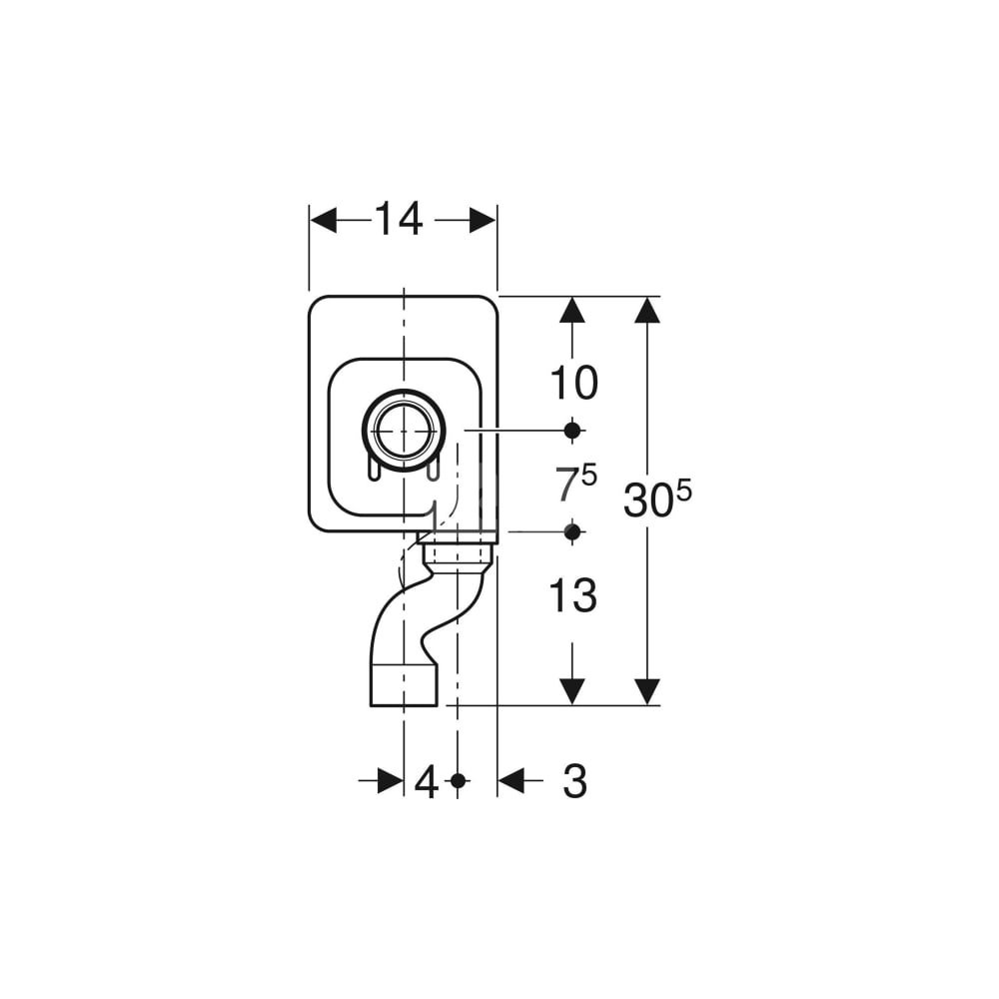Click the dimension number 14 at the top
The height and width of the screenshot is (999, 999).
(x=399, y=219)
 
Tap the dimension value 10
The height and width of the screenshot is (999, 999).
(x=573, y=383)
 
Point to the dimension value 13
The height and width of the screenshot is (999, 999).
(x=573, y=595)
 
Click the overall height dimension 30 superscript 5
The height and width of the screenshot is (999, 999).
(x=657, y=499)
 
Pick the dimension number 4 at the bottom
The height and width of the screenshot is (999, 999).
(x=427, y=782)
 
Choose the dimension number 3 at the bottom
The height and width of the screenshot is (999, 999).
(x=574, y=781)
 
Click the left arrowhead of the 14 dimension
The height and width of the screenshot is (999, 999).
(x=323, y=221)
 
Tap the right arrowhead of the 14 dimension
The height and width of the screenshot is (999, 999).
(x=483, y=221)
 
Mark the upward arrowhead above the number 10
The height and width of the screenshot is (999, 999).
(x=572, y=311)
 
